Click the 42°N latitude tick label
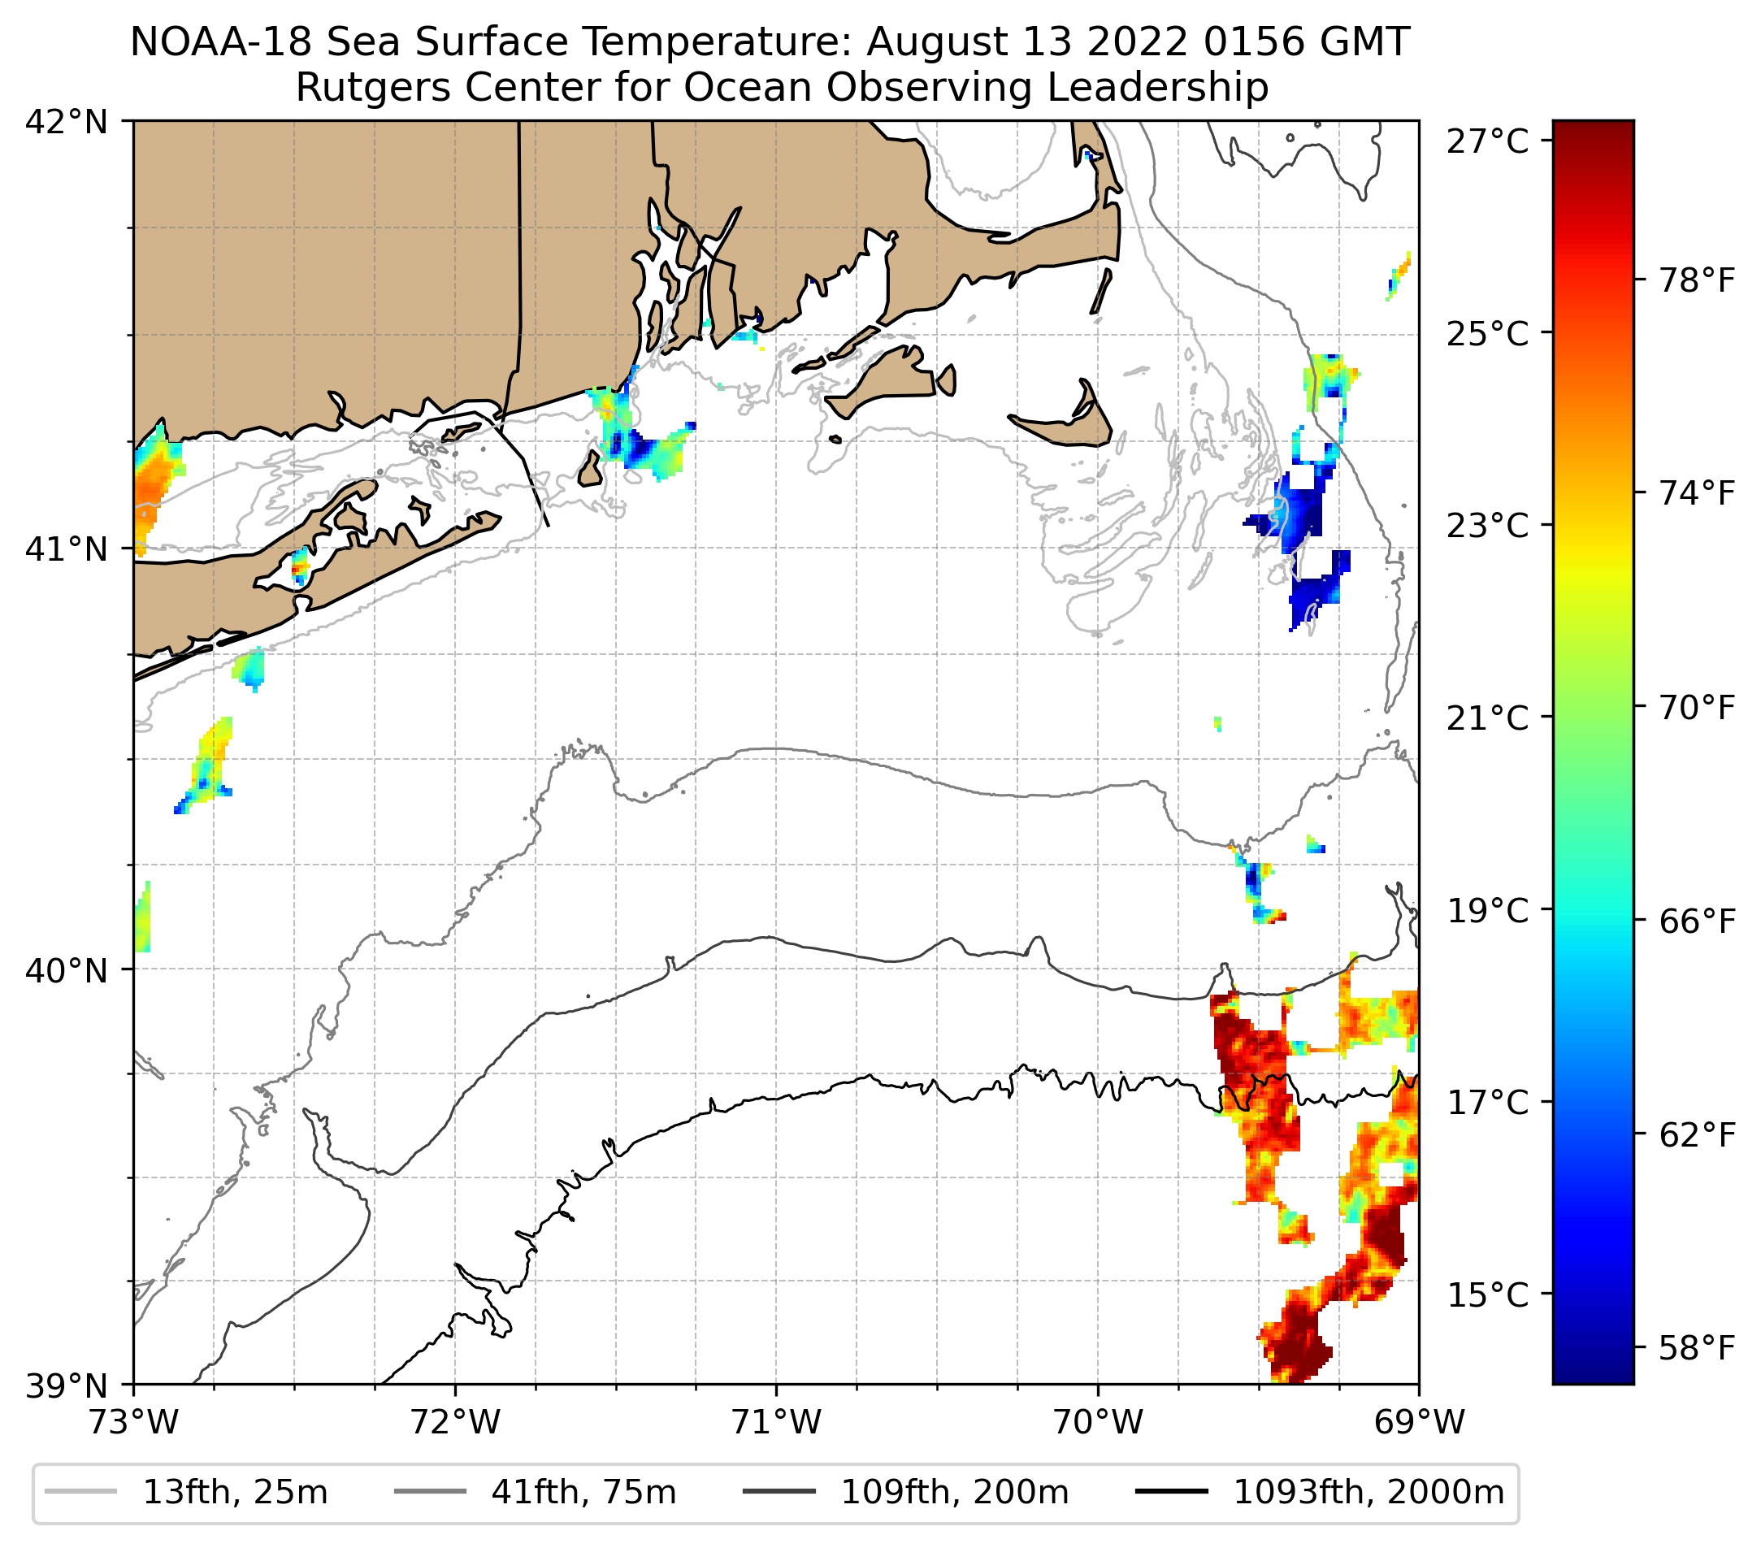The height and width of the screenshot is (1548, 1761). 67,123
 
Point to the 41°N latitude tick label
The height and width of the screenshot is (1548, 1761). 67,549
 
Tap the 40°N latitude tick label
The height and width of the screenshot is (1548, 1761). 67,970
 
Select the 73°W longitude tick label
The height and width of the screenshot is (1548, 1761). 133,1422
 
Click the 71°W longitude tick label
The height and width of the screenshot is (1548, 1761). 776,1422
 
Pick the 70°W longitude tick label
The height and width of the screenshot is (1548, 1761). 1099,1422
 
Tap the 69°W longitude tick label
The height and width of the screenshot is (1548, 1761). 1419,1422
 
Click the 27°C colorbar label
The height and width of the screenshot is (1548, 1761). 1488,141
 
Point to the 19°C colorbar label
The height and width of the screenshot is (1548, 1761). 1488,911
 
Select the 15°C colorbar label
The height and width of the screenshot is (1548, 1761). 1488,1295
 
